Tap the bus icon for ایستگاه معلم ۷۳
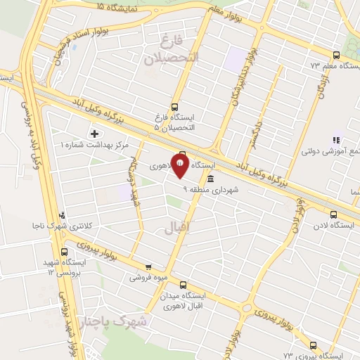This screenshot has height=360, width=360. pos(335,55)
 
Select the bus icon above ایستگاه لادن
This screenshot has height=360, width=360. pos(333,214)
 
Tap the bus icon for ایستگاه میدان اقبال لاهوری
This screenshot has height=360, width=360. pos(184,285)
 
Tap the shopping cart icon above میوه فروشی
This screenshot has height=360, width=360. pos(148,266)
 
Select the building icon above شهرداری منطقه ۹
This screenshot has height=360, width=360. pos(210,180)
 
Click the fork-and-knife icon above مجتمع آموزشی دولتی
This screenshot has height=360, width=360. pos(336,141)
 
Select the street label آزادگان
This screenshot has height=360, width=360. pos(323,85)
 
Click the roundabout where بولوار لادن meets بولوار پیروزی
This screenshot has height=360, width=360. pos(247,308)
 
